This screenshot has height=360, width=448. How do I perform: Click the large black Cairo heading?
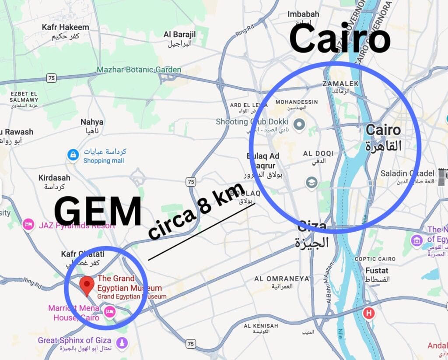(x=339, y=39)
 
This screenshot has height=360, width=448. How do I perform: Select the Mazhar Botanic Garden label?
(x=139, y=70)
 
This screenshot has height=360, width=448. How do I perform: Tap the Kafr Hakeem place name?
(x=65, y=27)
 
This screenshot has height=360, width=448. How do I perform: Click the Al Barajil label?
(x=180, y=35)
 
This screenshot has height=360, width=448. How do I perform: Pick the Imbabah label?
(x=303, y=14)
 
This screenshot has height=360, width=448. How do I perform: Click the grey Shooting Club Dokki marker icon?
(x=299, y=125)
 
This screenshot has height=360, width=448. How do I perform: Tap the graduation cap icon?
(x=311, y=182)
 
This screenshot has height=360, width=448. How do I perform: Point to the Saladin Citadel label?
(x=407, y=173)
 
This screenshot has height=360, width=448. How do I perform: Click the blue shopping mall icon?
(x=73, y=154)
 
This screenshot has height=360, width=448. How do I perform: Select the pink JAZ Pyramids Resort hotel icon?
(x=29, y=225)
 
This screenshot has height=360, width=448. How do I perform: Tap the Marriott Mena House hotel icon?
(x=109, y=311)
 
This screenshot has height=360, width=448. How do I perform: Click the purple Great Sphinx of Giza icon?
(x=122, y=342)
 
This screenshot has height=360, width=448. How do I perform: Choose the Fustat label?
(x=376, y=270)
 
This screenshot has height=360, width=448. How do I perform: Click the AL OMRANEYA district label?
(x=276, y=279)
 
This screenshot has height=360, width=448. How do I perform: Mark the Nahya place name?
(x=92, y=122)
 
